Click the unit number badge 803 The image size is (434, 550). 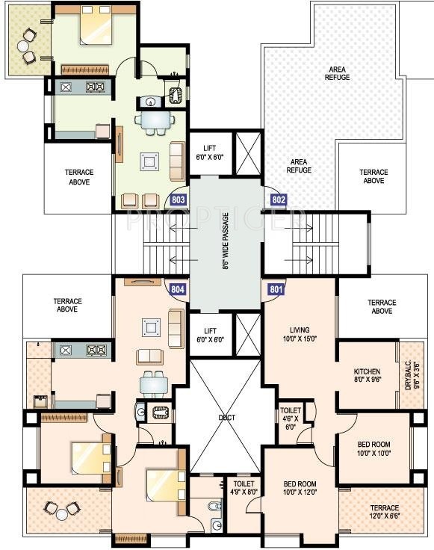coord(179,200)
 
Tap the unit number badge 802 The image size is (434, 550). coord(279,200)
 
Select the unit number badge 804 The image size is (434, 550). coord(178,288)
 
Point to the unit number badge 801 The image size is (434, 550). coord(276,288)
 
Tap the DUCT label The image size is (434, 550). coord(226,418)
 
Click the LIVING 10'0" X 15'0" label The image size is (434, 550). coord(300,334)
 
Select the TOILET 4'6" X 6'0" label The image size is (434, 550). coord(291,418)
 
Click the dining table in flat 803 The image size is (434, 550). coord(153,121)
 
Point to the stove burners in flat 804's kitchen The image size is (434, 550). coord(96,349)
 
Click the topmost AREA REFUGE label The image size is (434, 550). coord(337,73)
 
